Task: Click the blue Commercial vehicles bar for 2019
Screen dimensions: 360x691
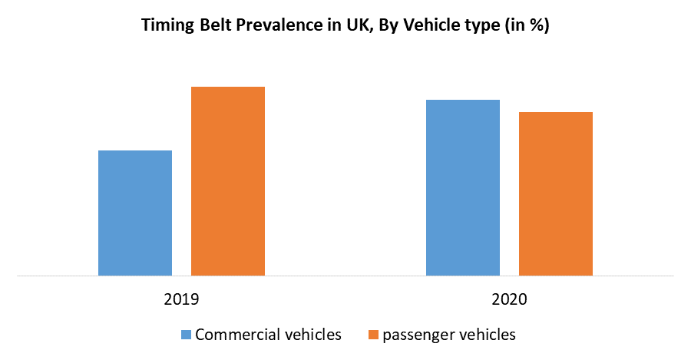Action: pyautogui.click(x=135, y=213)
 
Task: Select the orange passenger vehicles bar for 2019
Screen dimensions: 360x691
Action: pyautogui.click(x=228, y=180)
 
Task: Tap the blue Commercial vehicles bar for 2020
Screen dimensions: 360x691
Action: pyautogui.click(x=463, y=187)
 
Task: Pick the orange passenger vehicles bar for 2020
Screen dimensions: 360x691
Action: pyautogui.click(x=556, y=193)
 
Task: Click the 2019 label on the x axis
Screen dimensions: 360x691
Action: pyautogui.click(x=181, y=299)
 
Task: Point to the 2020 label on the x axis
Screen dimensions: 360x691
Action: pyautogui.click(x=509, y=299)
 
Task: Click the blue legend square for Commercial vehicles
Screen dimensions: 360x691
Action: pyautogui.click(x=186, y=335)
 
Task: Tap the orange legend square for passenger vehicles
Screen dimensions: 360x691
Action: pyautogui.click(x=373, y=335)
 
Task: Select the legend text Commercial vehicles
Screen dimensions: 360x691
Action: pyautogui.click(x=269, y=335)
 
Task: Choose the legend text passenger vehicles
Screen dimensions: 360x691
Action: pyautogui.click(x=449, y=335)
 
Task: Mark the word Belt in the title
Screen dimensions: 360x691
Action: pyautogui.click(x=211, y=25)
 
